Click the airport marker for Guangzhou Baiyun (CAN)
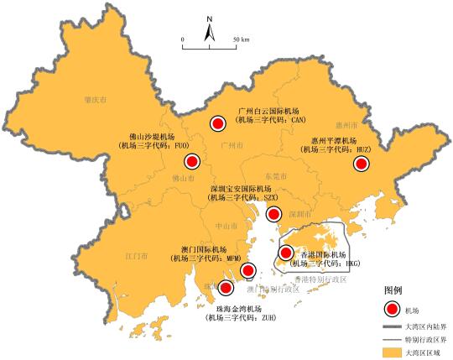(x=218, y=124)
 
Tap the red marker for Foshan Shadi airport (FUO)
(x=192, y=162)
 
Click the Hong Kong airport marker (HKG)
(x=286, y=253)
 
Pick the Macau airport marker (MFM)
(x=247, y=270)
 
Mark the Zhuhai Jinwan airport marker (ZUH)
(x=226, y=290)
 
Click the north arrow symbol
(x=210, y=29)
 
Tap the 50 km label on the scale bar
(x=241, y=39)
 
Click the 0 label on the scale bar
(x=182, y=39)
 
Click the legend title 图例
(x=394, y=290)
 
